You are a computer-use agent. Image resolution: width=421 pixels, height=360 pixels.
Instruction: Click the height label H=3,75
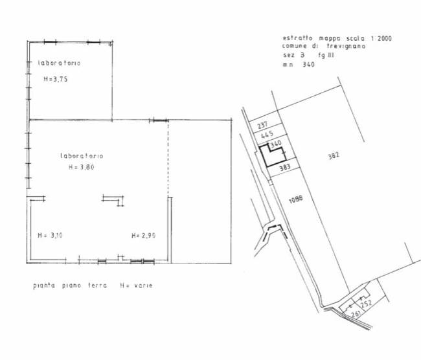pos(56,79)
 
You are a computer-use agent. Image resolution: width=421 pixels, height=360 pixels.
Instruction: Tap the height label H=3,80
pos(82,167)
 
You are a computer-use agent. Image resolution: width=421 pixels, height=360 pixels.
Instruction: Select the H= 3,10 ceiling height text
pos(51,236)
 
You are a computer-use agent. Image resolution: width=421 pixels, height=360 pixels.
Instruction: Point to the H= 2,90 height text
pos(144,236)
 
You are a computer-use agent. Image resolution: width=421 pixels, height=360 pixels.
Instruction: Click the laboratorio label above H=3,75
pos(60,63)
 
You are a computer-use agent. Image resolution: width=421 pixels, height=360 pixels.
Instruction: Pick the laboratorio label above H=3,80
pos(82,156)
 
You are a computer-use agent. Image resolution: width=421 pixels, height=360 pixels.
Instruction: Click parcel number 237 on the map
pos(262,125)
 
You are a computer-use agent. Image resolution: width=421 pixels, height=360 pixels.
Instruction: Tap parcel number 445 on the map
pos(267,134)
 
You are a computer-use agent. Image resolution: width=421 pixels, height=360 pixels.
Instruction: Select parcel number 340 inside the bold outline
pos(276,145)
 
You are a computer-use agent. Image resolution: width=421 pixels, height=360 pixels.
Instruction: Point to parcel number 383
pos(285,168)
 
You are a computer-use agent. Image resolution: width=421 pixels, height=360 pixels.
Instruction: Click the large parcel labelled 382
pos(334,155)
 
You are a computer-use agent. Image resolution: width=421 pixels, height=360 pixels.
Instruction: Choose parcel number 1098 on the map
pos(295,199)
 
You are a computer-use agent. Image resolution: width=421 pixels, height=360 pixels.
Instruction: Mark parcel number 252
pos(366,304)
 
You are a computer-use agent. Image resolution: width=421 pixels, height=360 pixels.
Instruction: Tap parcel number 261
pos(356,313)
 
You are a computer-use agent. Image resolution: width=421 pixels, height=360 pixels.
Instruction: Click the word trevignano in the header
pos(346,46)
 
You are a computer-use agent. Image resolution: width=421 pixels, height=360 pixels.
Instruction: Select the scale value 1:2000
pos(381,38)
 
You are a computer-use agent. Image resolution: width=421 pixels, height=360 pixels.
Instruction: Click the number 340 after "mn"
pos(308,65)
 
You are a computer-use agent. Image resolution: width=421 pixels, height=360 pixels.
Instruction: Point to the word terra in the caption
pos(97,285)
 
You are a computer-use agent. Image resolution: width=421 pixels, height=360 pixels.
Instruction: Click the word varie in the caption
pos(143,286)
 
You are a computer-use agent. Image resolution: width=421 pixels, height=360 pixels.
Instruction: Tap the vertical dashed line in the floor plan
pos(168,159)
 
